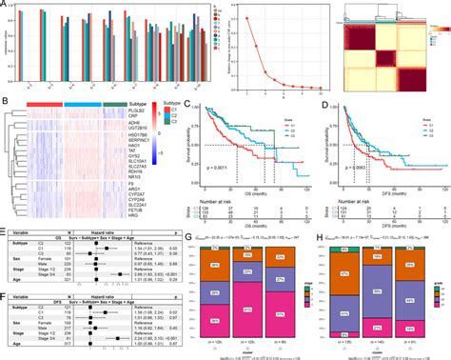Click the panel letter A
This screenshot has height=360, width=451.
[6, 5]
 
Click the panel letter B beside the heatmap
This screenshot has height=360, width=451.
[6, 99]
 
